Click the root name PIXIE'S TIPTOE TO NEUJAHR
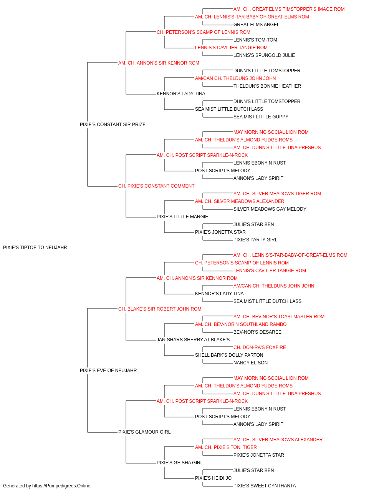coord(35,248)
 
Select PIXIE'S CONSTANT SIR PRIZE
coord(113,125)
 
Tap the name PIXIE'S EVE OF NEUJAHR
coord(108,371)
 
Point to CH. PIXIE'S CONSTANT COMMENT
coord(156,186)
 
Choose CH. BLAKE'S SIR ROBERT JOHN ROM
coord(160,309)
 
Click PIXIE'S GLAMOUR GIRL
coord(144,432)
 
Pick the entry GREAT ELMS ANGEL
coord(256,25)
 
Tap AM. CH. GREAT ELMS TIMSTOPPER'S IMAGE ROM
coord(289,9)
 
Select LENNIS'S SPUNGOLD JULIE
coord(264,55)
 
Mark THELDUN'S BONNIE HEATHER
coord(267,86)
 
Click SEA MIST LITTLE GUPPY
coord(261,117)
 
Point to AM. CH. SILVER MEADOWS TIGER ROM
coord(277,194)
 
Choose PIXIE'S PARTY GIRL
coord(255,240)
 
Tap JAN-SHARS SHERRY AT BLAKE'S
coord(193,340)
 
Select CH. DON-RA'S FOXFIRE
coord(260,347)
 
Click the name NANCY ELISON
coord(250,363)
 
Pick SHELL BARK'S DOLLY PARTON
coord(229,355)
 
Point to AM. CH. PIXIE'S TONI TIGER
coord(226,447)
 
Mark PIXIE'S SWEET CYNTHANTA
coord(265,486)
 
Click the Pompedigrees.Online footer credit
coord(46,486)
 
